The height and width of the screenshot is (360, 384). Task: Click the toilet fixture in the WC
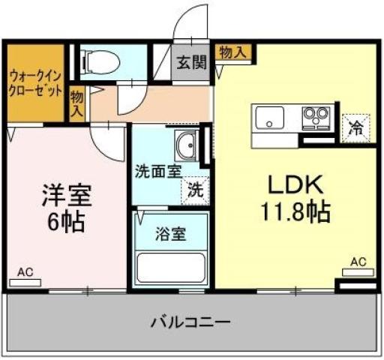pyautogui.click(x=102, y=61)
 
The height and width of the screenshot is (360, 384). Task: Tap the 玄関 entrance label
pyautogui.click(x=191, y=63)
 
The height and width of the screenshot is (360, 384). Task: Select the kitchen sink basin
pyautogui.click(x=268, y=118)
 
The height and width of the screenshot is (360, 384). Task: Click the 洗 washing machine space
pyautogui.click(x=193, y=190)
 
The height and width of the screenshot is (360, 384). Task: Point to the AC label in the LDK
pyautogui.click(x=358, y=262)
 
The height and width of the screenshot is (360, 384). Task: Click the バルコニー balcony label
pyautogui.click(x=190, y=322)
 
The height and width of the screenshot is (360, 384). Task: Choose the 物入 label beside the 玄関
pyautogui.click(x=232, y=52)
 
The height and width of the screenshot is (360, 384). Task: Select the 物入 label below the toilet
pyautogui.click(x=76, y=103)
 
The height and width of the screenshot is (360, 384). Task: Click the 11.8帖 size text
pyautogui.click(x=295, y=213)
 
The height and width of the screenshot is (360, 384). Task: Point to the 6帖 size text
pyautogui.click(x=66, y=222)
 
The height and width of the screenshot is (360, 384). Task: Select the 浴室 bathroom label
pyautogui.click(x=171, y=234)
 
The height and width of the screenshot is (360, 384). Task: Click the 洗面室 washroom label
pyautogui.click(x=158, y=170)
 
